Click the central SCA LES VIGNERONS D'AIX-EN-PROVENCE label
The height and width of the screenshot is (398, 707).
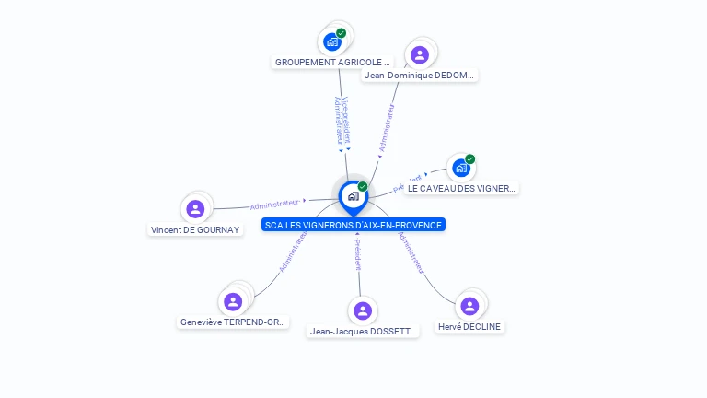tap(353, 225)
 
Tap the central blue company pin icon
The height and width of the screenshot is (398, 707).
tap(353, 195)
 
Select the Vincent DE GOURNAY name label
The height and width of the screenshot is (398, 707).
tap(195, 230)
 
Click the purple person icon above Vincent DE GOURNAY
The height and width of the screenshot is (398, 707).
tap(195, 209)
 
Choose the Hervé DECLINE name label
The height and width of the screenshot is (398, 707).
tap(469, 327)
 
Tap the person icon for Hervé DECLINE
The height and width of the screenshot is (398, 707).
tap(469, 306)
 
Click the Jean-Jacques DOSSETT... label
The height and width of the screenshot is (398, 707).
tap(363, 332)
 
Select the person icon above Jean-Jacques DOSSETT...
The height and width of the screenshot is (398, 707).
tap(363, 310)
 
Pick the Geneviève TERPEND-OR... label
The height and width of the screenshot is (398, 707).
tap(233, 322)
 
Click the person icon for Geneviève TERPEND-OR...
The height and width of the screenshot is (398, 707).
tap(233, 301)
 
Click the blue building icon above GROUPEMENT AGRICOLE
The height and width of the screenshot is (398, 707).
tap(332, 41)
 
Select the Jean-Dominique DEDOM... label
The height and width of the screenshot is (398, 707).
tap(420, 76)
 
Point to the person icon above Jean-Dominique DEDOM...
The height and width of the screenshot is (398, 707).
tap(420, 54)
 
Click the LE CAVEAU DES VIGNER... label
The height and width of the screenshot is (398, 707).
tap(461, 188)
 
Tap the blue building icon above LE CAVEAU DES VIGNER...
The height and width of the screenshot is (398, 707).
tap(460, 168)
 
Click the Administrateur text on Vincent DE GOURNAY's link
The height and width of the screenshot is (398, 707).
tap(275, 203)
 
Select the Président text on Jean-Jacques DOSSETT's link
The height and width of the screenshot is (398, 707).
tap(357, 253)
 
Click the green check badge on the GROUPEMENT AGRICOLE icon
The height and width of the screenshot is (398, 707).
tap(342, 33)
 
